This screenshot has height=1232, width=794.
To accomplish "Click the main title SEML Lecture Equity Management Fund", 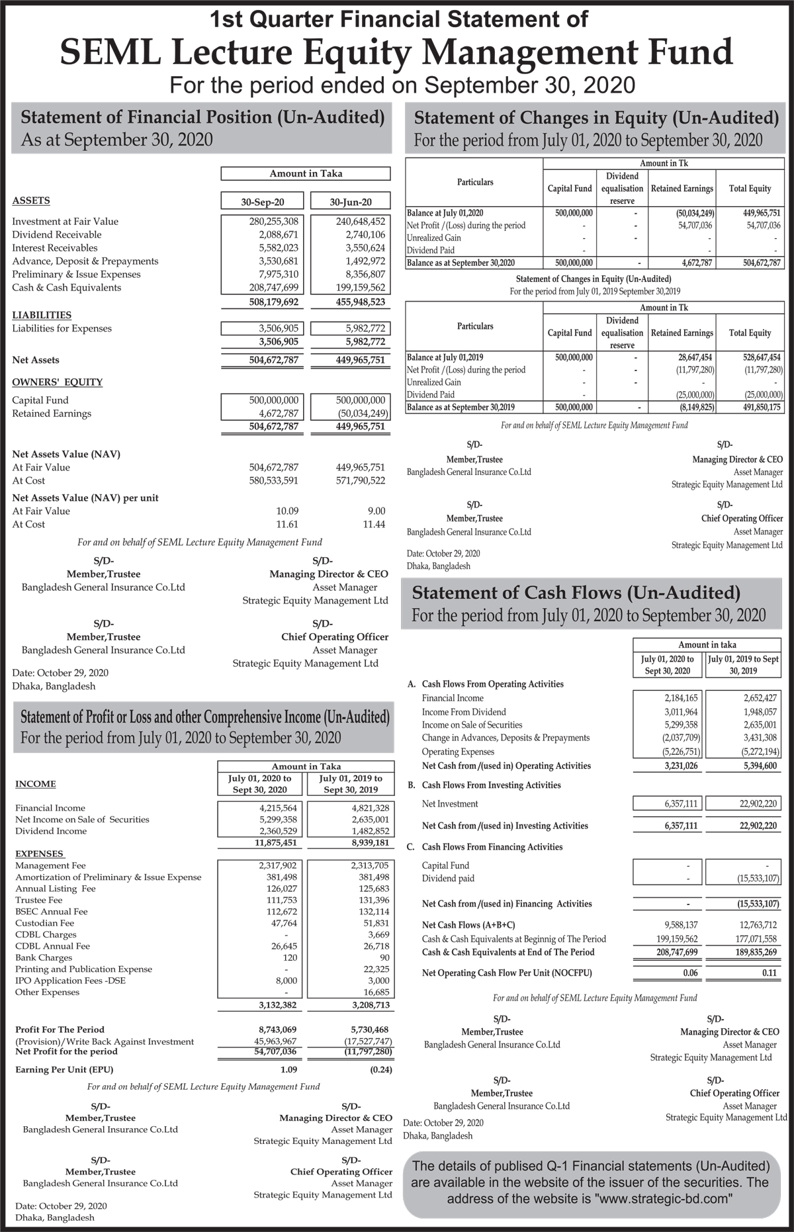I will point(396,53).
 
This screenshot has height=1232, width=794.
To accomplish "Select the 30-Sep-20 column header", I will point(261,201).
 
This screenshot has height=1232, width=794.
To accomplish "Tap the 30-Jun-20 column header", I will point(350,201).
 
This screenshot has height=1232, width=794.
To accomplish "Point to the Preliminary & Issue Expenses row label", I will point(76,275).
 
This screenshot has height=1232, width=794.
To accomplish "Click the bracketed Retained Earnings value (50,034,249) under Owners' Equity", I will point(357,414).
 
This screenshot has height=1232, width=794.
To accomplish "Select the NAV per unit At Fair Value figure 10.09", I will point(287,511).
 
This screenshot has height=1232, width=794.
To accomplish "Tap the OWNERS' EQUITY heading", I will point(58,382).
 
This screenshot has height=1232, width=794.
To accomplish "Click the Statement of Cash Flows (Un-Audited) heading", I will point(576,592).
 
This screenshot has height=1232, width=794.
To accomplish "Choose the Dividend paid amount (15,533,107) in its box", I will point(758,879).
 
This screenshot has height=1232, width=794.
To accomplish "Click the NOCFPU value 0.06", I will point(690,973).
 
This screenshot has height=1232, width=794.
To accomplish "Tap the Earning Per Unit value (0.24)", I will point(381,1069).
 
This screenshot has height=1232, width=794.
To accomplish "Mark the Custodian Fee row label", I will point(44,923).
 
